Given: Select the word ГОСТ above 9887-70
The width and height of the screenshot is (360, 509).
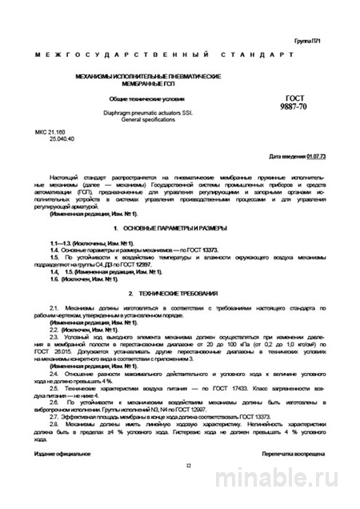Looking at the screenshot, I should (x=274, y=97).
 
